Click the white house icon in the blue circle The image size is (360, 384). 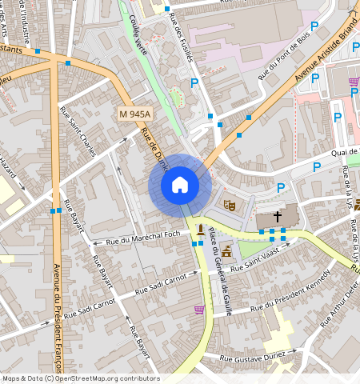(x=180, y=186)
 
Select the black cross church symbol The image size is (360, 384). (x=278, y=216)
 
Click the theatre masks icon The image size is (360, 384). (x=229, y=205)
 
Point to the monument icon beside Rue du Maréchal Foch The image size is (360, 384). (x=200, y=230)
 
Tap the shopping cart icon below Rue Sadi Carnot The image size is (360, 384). (x=198, y=309)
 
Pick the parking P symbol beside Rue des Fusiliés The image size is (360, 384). (x=194, y=82)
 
